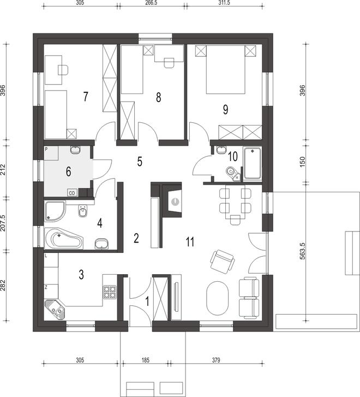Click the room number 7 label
point(86,97)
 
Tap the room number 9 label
point(225,110)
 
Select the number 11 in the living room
point(190,242)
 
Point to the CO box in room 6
point(72,193)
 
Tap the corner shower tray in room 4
point(55,211)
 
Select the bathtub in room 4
point(64,239)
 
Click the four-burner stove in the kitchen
point(110,292)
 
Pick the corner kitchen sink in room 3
point(55,310)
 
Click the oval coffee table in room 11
point(218,298)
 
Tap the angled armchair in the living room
point(222,262)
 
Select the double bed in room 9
point(226,69)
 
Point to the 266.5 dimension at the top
point(152,3)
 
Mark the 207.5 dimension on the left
point(3,223)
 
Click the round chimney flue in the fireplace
point(175,202)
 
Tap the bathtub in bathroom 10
point(252,163)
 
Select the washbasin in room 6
point(75,150)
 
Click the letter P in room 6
point(46,150)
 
